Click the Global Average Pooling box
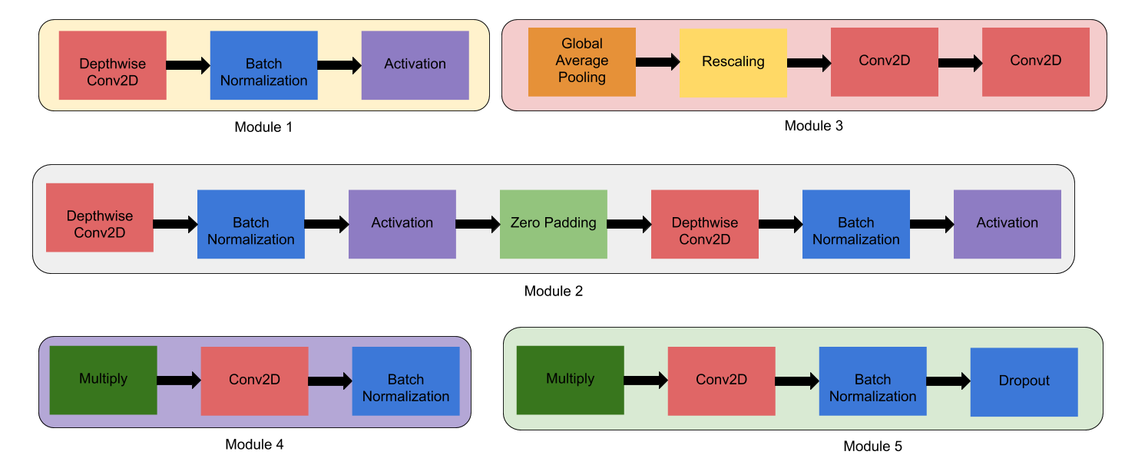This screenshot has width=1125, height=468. pyautogui.click(x=581, y=61)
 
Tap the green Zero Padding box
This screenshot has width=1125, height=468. pyautogui.click(x=553, y=224)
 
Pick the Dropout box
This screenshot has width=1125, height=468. pyautogui.click(x=1024, y=382)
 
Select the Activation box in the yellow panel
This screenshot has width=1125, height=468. pyautogui.click(x=415, y=65)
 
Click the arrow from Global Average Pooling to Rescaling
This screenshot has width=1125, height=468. pyautogui.click(x=657, y=62)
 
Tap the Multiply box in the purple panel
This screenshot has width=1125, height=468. pyautogui.click(x=103, y=380)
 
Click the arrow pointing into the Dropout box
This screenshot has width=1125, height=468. pyautogui.click(x=948, y=381)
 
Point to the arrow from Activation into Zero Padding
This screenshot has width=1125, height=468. pyautogui.click(x=477, y=224)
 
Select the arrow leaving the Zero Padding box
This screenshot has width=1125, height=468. pyautogui.click(x=629, y=224)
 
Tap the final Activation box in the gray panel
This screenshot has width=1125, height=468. pyautogui.click(x=1007, y=224)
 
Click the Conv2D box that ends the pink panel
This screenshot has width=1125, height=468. pyautogui.click(x=1035, y=62)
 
